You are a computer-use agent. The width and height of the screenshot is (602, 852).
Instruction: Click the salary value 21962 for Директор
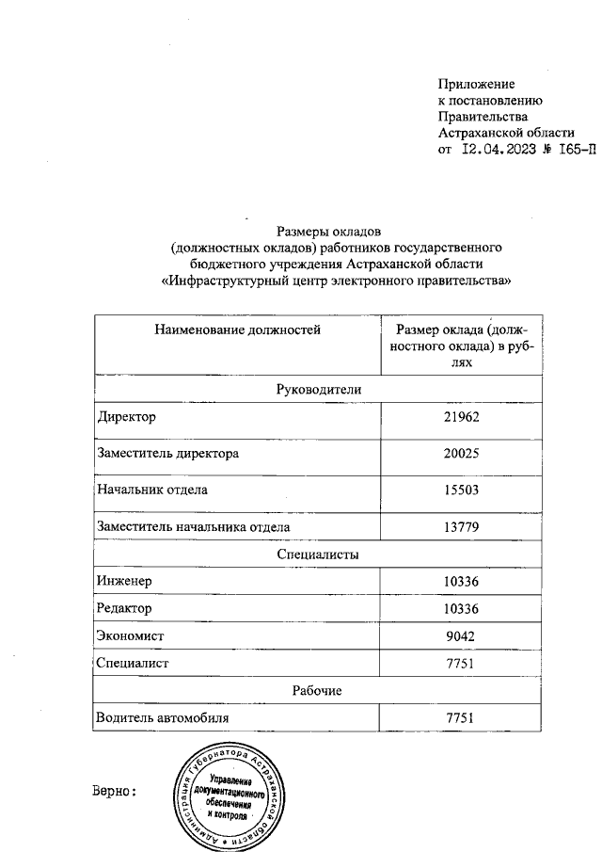pos(461,417)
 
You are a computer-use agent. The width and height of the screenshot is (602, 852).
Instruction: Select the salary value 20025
pos(461,454)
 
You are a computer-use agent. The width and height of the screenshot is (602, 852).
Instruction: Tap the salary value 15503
pos(461,490)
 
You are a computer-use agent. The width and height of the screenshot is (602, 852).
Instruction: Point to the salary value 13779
pos(461,526)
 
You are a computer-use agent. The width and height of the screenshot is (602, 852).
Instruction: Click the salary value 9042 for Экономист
pos(461,636)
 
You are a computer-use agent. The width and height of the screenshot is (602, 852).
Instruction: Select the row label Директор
pos(127,417)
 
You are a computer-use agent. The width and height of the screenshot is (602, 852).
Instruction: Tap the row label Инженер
pos(124,582)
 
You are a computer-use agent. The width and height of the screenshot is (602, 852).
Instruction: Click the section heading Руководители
pos(319,389)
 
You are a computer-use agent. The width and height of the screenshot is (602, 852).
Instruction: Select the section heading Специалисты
pos(319,555)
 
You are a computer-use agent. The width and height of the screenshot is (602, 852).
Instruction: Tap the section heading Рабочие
pos(319,691)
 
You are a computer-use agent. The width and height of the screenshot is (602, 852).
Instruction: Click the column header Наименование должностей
pos(237,330)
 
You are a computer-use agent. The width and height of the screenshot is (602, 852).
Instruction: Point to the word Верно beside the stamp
pos(116,791)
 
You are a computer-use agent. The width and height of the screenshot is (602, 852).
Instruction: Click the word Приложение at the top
pos(477,85)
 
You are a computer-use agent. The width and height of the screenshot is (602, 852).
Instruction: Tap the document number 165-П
pos(570,149)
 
